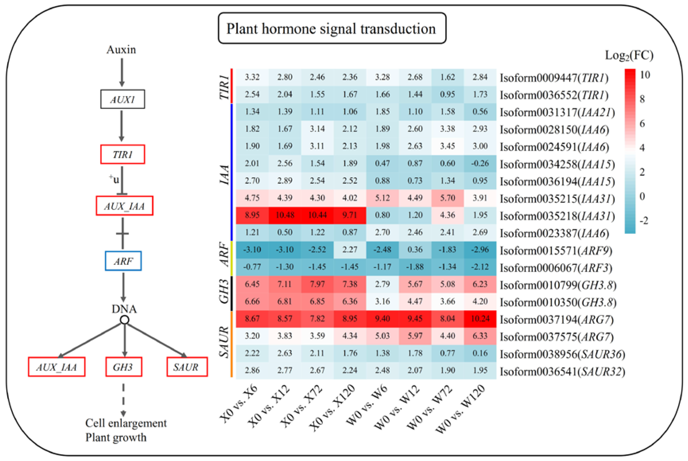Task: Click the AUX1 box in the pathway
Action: (123, 99)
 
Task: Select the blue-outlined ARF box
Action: (123, 261)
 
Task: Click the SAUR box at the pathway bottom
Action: (187, 367)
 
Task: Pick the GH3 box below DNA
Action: (124, 367)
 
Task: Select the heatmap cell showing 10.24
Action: (480, 319)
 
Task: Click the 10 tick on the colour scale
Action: (645, 75)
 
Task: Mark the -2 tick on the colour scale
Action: (644, 220)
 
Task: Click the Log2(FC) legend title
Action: (629, 55)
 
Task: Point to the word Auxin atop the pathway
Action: (121, 50)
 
